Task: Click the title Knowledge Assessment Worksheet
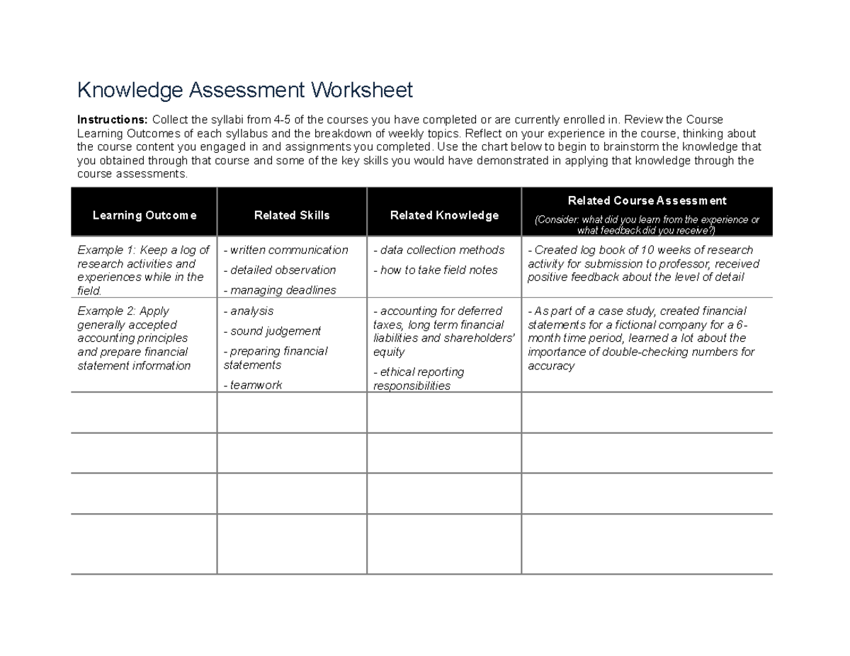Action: coord(244,91)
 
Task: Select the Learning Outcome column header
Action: coord(144,215)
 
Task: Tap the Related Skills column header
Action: coord(292,215)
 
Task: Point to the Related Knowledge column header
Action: coord(444,215)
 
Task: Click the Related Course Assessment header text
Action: coord(647,201)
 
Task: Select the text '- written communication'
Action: coord(286,250)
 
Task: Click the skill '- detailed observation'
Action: coord(280,270)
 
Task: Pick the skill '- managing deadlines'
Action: coord(280,290)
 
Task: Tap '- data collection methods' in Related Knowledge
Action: coord(439,250)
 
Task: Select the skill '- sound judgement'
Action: coord(272,331)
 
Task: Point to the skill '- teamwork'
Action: coord(253,385)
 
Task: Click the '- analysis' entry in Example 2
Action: coord(249,311)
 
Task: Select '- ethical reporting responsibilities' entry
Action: coord(419,379)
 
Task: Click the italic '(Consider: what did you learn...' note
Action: coord(647,225)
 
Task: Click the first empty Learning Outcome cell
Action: coord(144,413)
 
